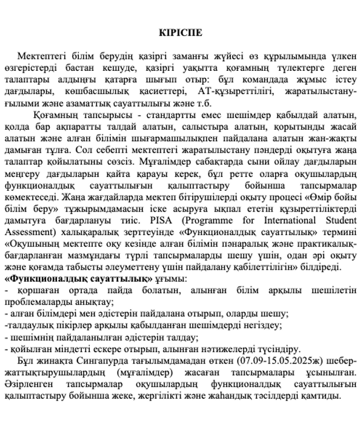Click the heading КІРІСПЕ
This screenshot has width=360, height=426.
point(180,31)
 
